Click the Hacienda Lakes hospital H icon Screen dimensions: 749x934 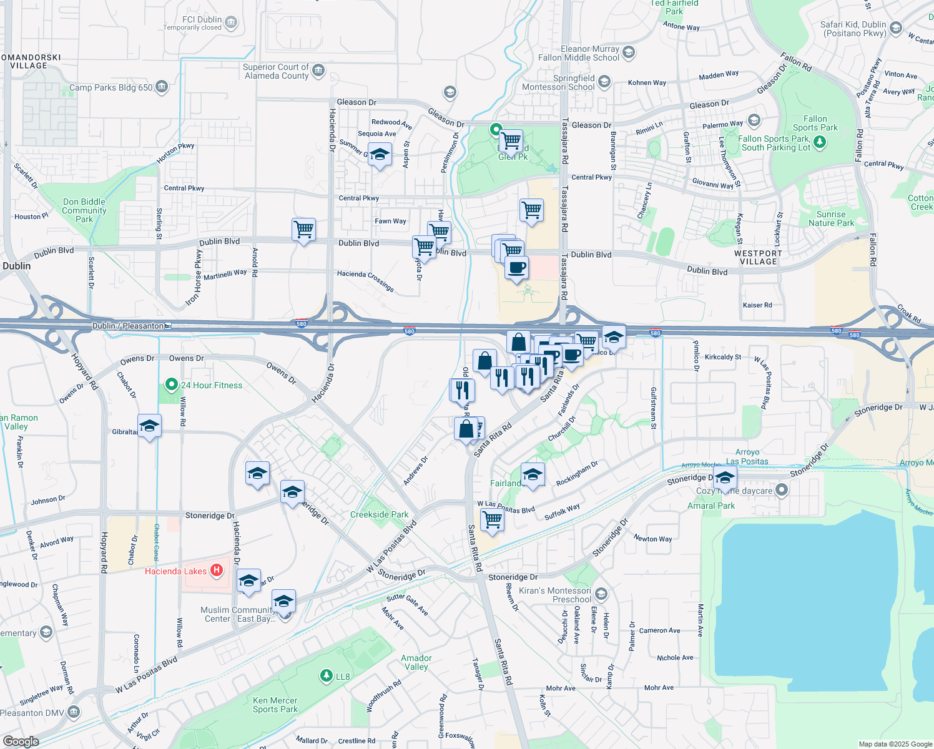pos(217,570)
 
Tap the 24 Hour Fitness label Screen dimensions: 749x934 pos(212,385)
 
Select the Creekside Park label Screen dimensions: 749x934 pos(379,515)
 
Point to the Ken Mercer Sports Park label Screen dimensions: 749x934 pos(275,705)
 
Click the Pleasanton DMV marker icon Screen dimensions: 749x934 pos(74,712)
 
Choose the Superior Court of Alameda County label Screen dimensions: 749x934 pos(276,71)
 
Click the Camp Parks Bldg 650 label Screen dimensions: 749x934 pos(111,87)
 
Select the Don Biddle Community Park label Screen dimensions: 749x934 pos(84,210)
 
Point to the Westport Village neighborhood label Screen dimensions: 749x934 pos(758,257)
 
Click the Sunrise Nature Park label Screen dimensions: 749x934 pos(831,218)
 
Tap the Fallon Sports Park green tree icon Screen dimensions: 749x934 pos(820,142)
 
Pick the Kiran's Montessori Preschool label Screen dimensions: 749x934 pos(555,595)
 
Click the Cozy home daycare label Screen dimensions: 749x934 pos(734,491)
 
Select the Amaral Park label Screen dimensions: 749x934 pos(711,506)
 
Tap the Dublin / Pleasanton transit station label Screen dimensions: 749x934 pos(128,326)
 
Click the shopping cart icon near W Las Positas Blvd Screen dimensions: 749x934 pos(493,518)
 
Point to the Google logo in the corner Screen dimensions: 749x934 pos(21,741)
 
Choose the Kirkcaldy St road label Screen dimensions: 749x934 pos(723,357)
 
